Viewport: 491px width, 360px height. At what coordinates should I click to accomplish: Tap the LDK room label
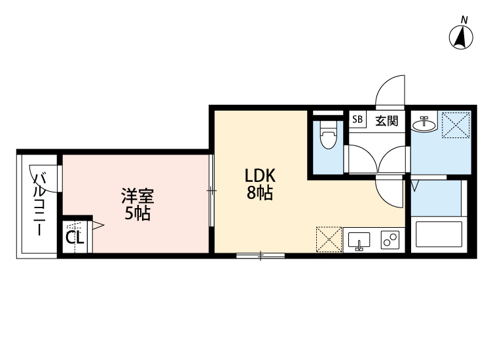[x=260, y=175]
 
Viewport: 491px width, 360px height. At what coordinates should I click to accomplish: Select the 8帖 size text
[x=260, y=193]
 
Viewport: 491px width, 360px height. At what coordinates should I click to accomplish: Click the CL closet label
[x=75, y=238]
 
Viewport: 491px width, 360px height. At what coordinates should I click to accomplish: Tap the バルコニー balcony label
[x=40, y=204]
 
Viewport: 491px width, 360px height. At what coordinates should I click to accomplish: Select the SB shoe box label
[x=357, y=120]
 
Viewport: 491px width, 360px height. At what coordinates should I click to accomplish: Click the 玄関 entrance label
[x=386, y=120]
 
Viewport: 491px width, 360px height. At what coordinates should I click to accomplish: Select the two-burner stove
[x=391, y=240]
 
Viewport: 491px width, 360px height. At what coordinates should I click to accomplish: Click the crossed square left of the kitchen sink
[x=329, y=239]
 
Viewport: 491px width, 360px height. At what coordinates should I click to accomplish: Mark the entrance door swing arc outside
[x=391, y=91]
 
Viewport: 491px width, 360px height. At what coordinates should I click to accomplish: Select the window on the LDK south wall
[x=260, y=256]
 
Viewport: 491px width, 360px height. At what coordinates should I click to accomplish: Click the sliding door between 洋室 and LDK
[x=211, y=190]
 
